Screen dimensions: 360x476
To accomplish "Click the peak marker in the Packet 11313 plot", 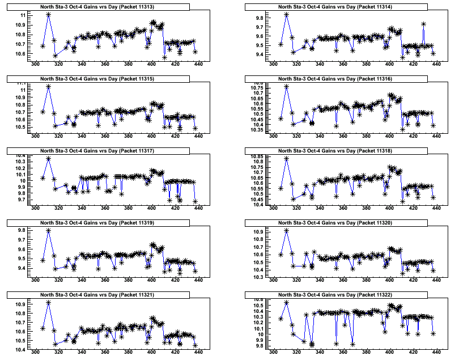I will point(49,14).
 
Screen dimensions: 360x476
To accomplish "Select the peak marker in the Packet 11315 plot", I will point(49,87).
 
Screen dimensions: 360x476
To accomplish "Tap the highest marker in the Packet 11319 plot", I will point(49,231).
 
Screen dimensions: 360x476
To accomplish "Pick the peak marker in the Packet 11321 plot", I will point(49,303).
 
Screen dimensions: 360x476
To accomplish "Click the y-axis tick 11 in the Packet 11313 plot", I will point(23,16).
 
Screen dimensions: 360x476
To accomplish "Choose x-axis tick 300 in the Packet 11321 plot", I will point(35,352).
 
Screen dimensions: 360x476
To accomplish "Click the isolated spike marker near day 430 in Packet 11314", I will point(424,24).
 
